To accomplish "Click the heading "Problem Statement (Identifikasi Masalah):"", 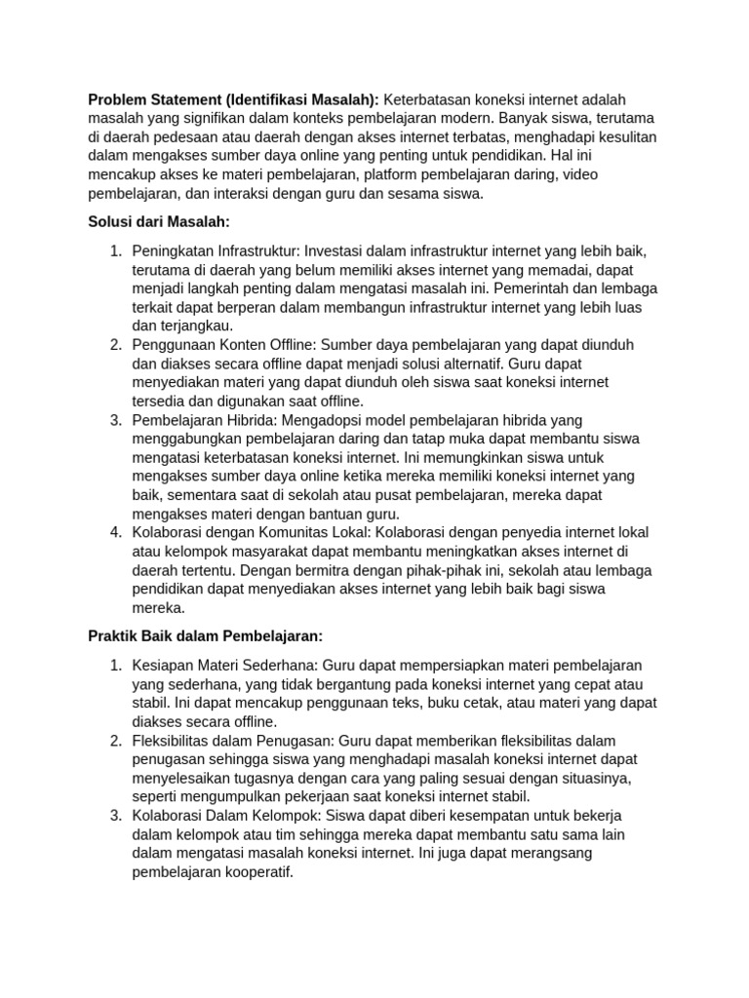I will pyautogui.click(x=233, y=100).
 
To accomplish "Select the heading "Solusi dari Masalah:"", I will pyautogui.click(x=158, y=222).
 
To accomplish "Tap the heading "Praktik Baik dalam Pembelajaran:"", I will pyautogui.click(x=205, y=635).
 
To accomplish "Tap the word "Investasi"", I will pyautogui.click(x=341, y=251).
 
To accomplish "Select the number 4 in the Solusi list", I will pyautogui.click(x=115, y=532).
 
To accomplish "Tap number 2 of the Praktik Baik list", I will pyautogui.click(x=115, y=741).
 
